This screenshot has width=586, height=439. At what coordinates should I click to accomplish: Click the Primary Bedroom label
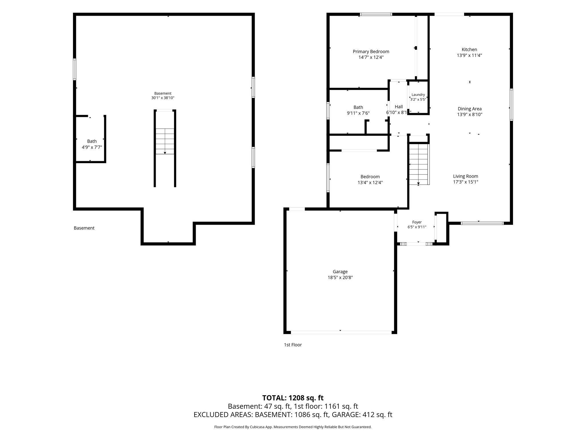371,52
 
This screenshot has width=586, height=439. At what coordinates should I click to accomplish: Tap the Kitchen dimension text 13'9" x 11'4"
469,55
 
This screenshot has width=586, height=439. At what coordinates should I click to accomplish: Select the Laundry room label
418,95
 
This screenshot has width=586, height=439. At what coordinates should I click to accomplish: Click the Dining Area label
470,109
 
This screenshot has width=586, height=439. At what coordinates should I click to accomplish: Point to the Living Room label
466,176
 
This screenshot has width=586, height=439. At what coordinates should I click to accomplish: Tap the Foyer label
417,222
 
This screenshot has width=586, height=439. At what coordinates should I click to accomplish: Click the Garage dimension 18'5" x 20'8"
340,278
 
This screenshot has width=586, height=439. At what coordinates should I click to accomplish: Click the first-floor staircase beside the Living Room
419,164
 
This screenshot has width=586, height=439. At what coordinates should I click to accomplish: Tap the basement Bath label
92,141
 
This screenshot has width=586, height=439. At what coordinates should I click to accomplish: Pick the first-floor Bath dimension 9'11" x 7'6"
358,113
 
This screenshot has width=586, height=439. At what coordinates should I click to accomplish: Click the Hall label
399,107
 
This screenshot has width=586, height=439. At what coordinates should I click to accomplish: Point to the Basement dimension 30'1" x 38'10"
163,98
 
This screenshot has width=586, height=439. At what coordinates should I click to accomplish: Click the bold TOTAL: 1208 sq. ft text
293,398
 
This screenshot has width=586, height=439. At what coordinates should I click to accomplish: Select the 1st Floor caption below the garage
293,345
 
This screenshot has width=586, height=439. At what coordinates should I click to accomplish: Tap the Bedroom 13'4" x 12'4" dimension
370,182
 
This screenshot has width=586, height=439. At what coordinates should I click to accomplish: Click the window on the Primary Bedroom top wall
376,14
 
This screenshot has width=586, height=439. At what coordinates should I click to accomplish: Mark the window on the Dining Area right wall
511,105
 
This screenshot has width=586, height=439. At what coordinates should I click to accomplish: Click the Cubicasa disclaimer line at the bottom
293,427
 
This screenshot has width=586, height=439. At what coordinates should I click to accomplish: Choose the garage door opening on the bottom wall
341,332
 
